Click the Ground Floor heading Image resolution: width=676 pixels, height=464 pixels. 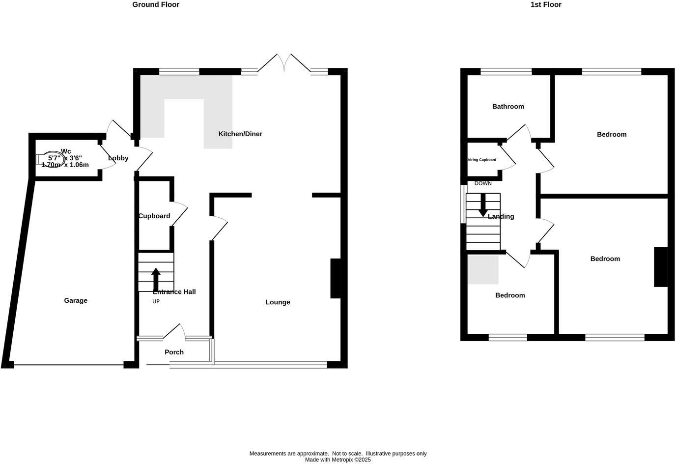[x=156, y=5]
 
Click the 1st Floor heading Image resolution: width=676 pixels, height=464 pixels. [x=545, y=5]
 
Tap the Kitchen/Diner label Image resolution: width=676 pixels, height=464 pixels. [x=240, y=134]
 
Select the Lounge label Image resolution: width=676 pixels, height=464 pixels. [x=278, y=302]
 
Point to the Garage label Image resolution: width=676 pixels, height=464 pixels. [x=76, y=301]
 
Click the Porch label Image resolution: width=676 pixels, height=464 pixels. [x=174, y=352]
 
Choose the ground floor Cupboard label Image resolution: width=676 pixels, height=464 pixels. [x=154, y=216]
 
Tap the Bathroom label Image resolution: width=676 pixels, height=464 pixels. [x=508, y=107]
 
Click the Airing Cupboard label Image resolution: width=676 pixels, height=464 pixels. [x=481, y=160]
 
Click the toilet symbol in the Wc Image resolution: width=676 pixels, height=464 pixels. [x=50, y=158]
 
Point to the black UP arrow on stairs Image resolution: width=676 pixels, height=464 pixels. [x=156, y=279]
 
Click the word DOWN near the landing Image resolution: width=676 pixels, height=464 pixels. [x=483, y=183]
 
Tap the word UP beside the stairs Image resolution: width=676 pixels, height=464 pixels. [x=156, y=302]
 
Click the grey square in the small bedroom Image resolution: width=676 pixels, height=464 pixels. [x=483, y=270]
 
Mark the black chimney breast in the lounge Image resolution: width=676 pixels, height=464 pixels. [x=335, y=278]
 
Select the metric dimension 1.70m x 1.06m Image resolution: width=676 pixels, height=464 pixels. [x=65, y=165]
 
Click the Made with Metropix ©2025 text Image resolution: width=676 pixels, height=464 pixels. [x=338, y=460]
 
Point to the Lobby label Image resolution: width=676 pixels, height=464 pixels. [x=118, y=158]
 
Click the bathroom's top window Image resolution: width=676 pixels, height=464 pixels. [x=506, y=72]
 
